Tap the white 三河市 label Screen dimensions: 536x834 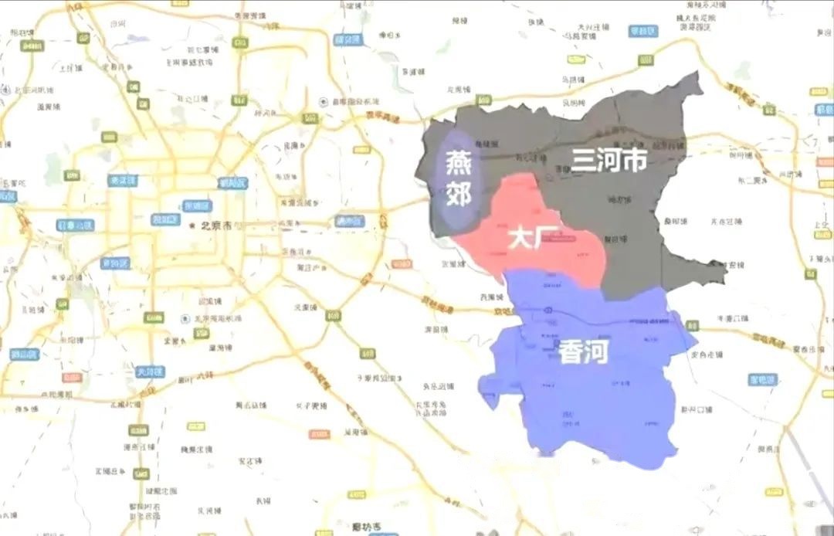(609, 160)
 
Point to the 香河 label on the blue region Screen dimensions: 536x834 (585, 353)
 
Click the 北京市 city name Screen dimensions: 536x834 (218, 226)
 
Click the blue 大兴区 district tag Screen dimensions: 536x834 (151, 371)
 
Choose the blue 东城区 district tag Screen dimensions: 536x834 (198, 206)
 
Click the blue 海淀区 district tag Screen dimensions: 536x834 (122, 180)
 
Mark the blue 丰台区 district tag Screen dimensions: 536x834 (115, 263)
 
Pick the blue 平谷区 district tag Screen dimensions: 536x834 (642, 32)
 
